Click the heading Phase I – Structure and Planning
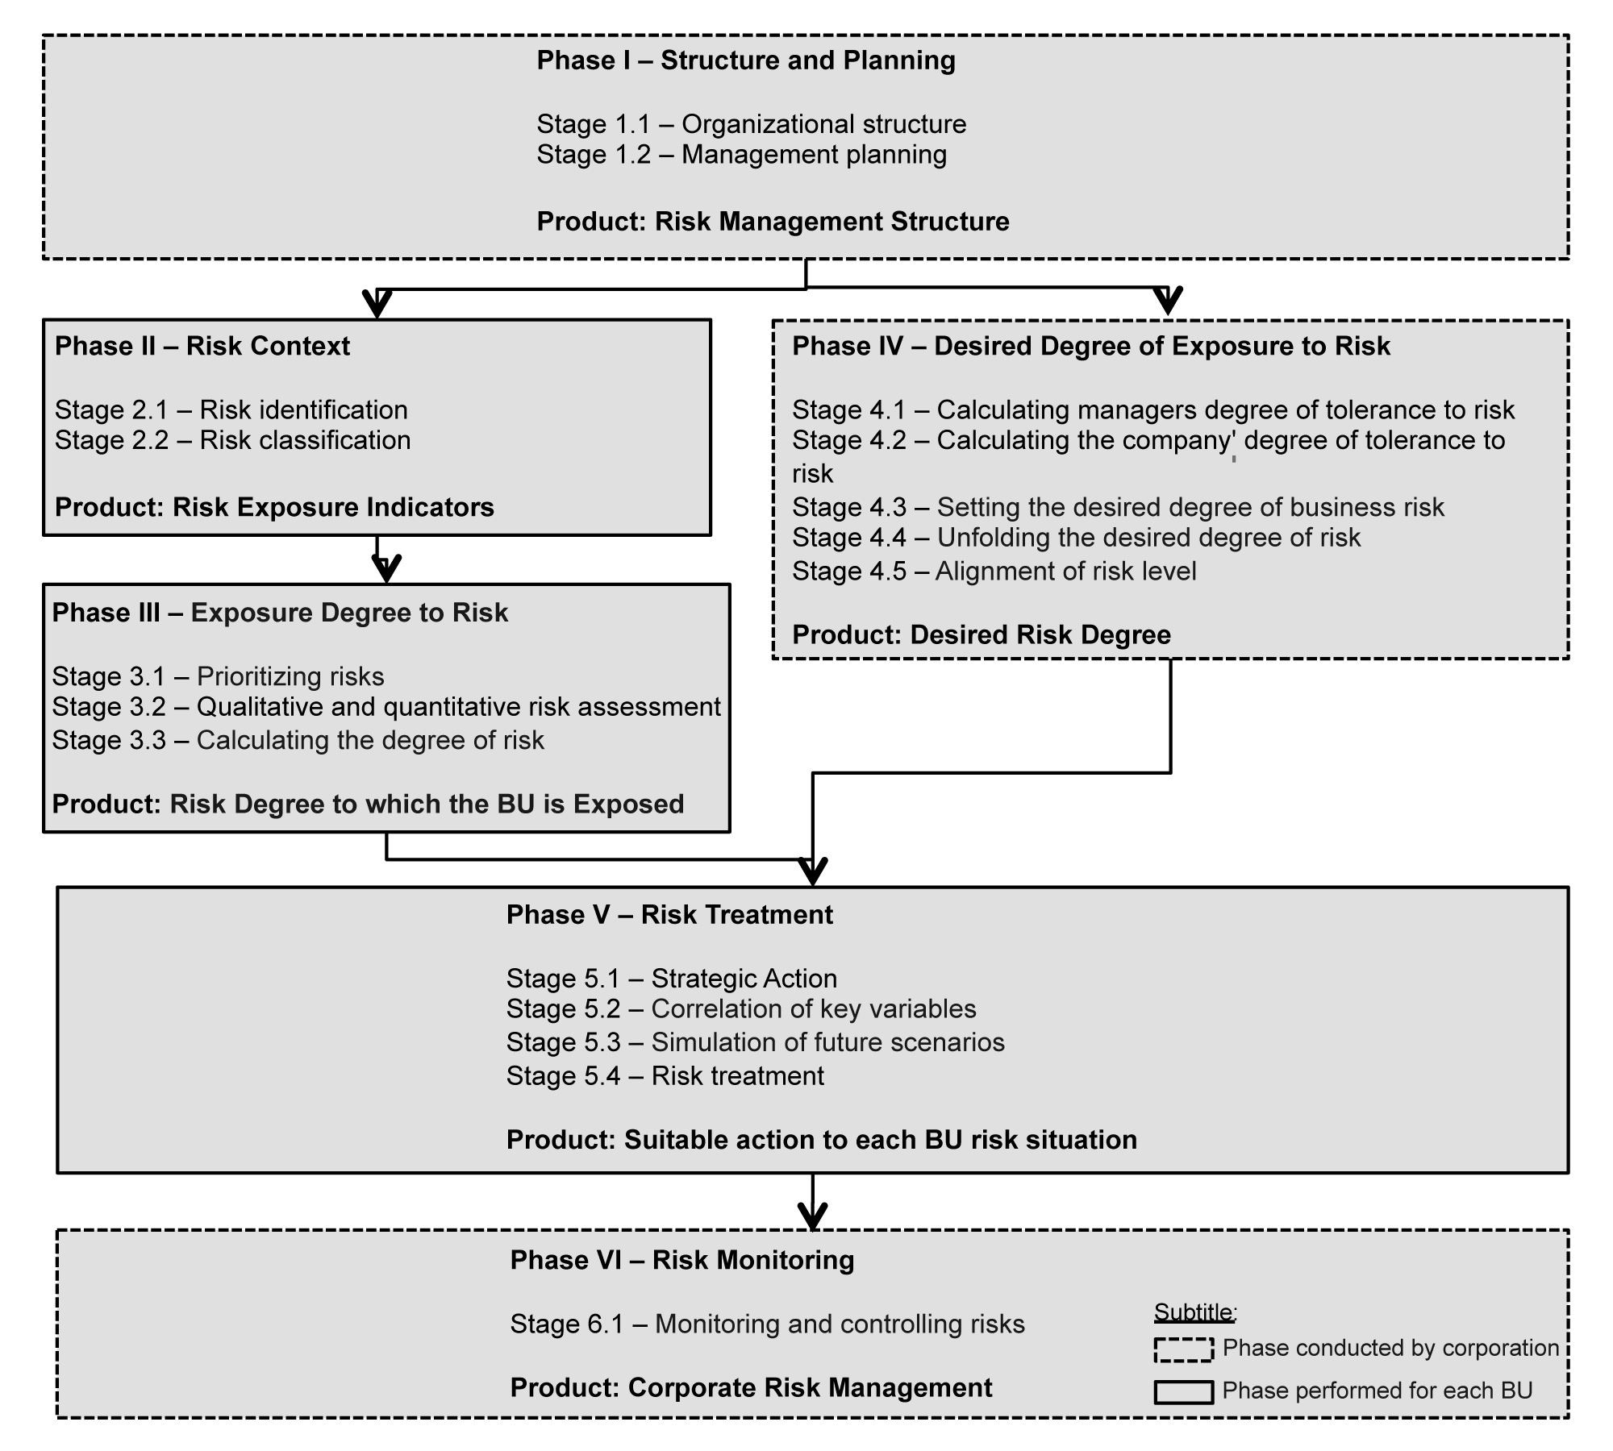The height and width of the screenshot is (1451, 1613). pyautogui.click(x=746, y=60)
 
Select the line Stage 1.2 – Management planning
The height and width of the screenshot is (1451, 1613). pyautogui.click(x=742, y=155)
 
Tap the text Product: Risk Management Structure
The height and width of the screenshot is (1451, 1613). pyautogui.click(x=773, y=222)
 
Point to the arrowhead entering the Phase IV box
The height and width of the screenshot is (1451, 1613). pyautogui.click(x=1167, y=302)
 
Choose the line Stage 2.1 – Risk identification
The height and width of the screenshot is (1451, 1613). pyautogui.click(x=231, y=410)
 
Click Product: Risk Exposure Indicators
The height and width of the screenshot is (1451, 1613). pyautogui.click(x=274, y=507)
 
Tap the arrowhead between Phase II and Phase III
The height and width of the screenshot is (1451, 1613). pyautogui.click(x=386, y=569)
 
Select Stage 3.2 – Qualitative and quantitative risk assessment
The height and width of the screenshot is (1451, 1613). pyautogui.click(x=386, y=707)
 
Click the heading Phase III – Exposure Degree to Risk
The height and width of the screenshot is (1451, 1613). pyautogui.click(x=280, y=613)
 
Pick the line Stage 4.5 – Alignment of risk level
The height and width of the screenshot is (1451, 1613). pyautogui.click(x=994, y=572)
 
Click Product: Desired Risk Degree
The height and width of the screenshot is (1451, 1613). pyautogui.click(x=981, y=635)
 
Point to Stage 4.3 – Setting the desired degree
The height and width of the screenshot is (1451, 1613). pyautogui.click(x=1118, y=507)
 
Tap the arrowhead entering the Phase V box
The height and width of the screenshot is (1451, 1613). pyautogui.click(x=812, y=872)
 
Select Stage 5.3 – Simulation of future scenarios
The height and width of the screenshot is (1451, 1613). pyautogui.click(x=755, y=1042)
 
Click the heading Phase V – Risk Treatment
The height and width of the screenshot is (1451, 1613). pyautogui.click(x=669, y=915)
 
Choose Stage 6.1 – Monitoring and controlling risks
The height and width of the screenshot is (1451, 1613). pyautogui.click(x=767, y=1324)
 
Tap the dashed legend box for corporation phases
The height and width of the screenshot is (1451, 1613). pyautogui.click(x=1183, y=1349)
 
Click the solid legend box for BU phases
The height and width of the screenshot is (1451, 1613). pyautogui.click(x=1183, y=1392)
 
